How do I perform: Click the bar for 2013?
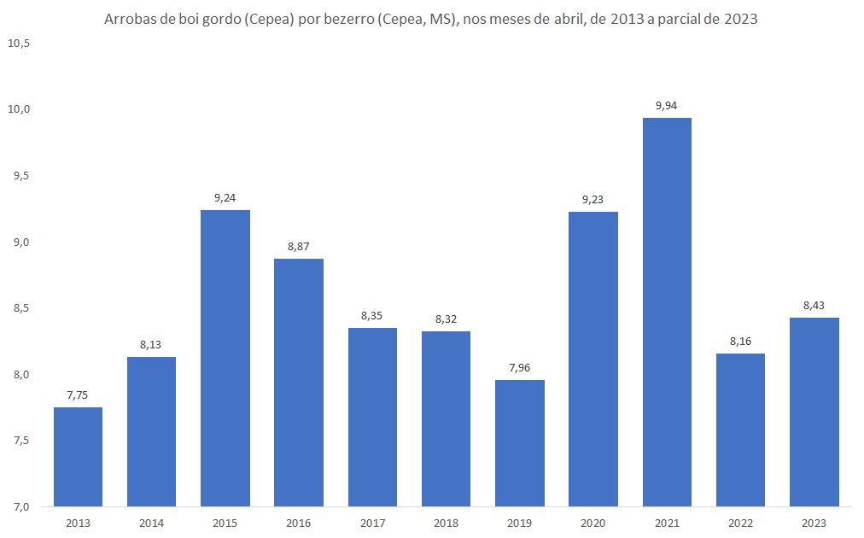coord(78,457)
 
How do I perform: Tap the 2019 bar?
coord(519,443)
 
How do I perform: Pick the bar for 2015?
coord(225,358)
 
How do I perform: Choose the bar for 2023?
coord(814,412)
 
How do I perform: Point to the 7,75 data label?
coord(78,395)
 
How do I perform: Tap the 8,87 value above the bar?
coord(299,246)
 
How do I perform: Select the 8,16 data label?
coord(740,341)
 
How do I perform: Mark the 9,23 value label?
coord(593,199)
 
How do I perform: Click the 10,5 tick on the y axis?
coord(19,43)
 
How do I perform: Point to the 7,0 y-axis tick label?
coord(19,507)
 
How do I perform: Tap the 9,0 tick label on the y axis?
coord(19,243)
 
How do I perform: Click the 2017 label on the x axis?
coord(372,523)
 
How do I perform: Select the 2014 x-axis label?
coord(151,523)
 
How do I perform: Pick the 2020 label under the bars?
coord(593,523)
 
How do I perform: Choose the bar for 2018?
coord(446,418)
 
